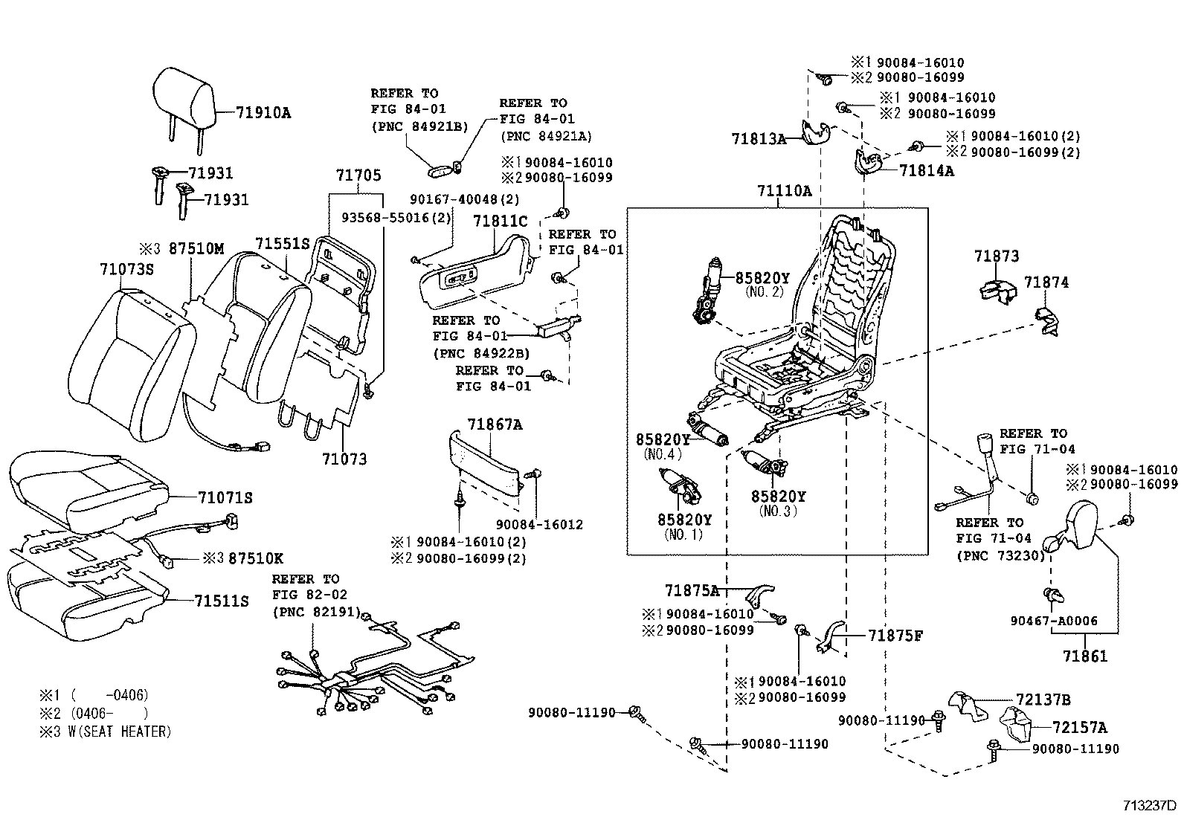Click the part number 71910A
263,113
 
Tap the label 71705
358,175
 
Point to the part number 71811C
501,221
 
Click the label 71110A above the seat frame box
785,191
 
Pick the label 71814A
927,170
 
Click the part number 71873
997,256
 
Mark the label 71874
1046,282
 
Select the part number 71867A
495,424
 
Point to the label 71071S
225,497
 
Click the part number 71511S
222,601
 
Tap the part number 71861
1085,656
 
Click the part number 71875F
895,636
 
